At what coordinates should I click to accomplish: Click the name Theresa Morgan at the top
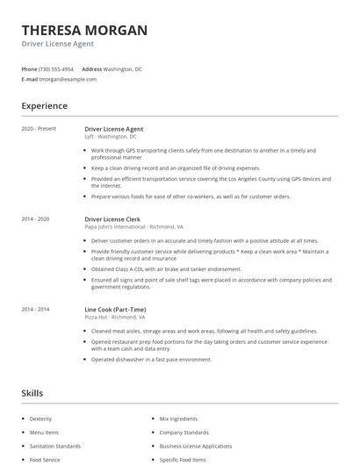click(x=84, y=30)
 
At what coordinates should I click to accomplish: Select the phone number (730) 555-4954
click(x=56, y=68)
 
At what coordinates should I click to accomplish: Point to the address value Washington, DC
click(x=122, y=68)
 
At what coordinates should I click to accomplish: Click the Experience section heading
click(x=44, y=106)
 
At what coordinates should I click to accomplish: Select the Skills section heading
click(x=32, y=393)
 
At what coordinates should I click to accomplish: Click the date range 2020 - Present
click(x=39, y=129)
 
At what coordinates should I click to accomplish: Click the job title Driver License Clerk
click(x=114, y=218)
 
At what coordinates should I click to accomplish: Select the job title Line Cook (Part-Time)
click(x=115, y=309)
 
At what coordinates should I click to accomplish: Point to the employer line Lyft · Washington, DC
click(x=111, y=137)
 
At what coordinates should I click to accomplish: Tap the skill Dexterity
click(x=40, y=419)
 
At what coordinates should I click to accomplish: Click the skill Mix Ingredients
click(x=179, y=419)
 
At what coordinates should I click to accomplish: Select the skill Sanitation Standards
click(x=54, y=446)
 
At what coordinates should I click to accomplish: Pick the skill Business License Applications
click(x=195, y=446)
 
